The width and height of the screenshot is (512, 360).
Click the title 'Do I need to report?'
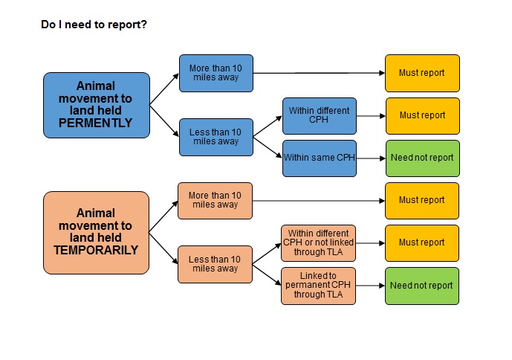pyautogui.click(x=94, y=25)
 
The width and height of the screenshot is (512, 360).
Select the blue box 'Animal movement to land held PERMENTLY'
pyautogui.click(x=97, y=106)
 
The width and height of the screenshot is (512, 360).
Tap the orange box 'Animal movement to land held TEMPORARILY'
pyautogui.click(x=97, y=233)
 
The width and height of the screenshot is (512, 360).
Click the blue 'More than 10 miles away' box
pyautogui.click(x=216, y=73)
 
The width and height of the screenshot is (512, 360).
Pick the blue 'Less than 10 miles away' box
pyautogui.click(x=216, y=137)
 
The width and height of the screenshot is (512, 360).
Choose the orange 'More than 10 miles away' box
pyautogui.click(x=216, y=201)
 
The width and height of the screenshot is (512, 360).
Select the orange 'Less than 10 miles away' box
pyautogui.click(x=216, y=264)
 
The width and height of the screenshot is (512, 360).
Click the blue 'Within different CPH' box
pyautogui.click(x=320, y=116)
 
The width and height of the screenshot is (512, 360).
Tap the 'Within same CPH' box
pyautogui.click(x=320, y=158)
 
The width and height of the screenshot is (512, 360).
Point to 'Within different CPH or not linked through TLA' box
pyautogui.click(x=318, y=243)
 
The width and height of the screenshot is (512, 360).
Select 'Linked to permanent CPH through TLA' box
pyautogui.click(x=318, y=286)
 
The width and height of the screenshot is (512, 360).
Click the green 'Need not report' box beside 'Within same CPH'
pyautogui.click(x=423, y=158)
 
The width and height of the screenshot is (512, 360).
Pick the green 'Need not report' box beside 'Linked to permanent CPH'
pyautogui.click(x=422, y=286)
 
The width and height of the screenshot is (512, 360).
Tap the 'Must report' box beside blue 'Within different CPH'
pyautogui.click(x=423, y=116)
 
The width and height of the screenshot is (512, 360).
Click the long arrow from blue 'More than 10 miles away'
pyautogui.click(x=319, y=73)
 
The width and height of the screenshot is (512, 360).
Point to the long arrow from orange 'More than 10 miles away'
pyautogui.click(x=319, y=201)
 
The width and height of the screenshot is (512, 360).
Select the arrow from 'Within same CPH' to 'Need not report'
pyautogui.click(x=371, y=158)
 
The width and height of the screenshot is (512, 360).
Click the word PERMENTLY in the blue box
pyautogui.click(x=95, y=123)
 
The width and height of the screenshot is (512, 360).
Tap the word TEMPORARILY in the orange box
pyautogui.click(x=96, y=250)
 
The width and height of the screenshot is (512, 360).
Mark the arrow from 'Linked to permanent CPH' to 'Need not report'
pyautogui.click(x=370, y=286)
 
